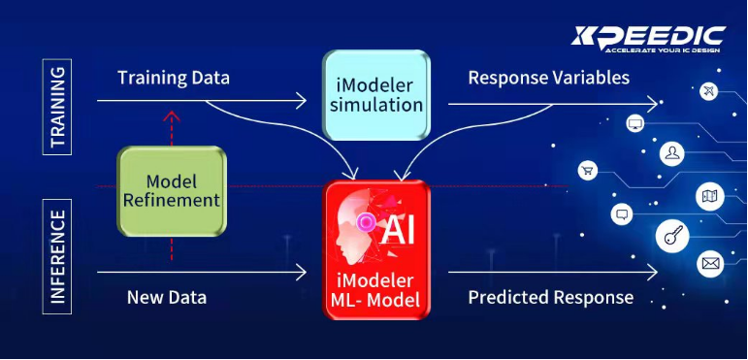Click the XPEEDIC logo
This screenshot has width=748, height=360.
(x=648, y=39)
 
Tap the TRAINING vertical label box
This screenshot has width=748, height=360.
(x=57, y=107)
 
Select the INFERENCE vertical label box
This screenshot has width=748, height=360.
(x=57, y=256)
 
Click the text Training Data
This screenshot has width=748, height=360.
(x=174, y=78)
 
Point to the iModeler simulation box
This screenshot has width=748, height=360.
(x=376, y=95)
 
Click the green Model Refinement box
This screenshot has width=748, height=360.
(x=172, y=191)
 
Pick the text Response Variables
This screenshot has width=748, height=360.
(x=548, y=78)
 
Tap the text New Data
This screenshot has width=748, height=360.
(x=167, y=298)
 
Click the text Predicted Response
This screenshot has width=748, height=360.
(x=550, y=298)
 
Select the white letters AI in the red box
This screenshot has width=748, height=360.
(x=399, y=230)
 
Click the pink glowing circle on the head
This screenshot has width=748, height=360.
(x=367, y=221)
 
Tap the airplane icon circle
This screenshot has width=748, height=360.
(x=709, y=91)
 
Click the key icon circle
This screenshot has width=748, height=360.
(x=672, y=236)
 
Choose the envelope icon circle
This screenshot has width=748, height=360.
(x=710, y=263)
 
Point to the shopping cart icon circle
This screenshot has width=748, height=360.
(x=587, y=171)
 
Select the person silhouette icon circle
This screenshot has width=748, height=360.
(x=672, y=153)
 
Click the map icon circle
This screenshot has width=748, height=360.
(x=710, y=196)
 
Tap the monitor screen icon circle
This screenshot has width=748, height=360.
(x=634, y=123)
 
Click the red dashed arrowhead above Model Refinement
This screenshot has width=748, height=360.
(x=172, y=115)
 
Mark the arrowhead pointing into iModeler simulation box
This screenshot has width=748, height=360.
(x=302, y=101)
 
